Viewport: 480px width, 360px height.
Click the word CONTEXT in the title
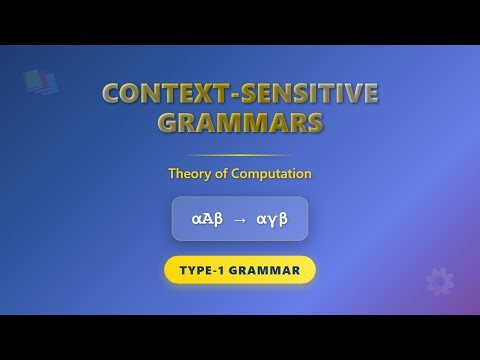[x=160, y=96]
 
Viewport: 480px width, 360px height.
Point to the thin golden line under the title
[x=240, y=156]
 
